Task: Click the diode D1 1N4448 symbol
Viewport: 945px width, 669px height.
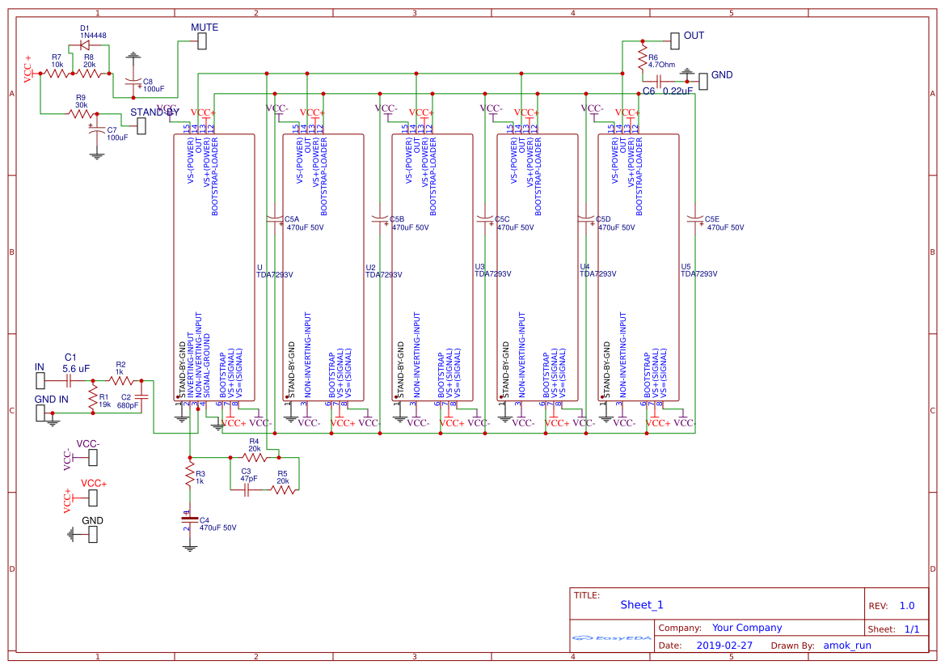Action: click(85, 45)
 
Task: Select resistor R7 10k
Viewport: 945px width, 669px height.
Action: click(57, 74)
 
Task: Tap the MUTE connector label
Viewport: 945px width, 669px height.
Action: click(205, 28)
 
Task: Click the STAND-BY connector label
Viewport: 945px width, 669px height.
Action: click(154, 112)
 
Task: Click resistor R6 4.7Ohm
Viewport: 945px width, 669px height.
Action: click(643, 60)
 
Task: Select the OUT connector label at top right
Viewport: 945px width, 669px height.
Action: click(694, 36)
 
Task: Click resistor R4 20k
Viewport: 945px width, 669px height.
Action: click(254, 457)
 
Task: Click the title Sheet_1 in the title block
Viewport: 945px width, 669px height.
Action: click(642, 604)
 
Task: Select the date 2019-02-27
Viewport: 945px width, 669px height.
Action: click(724, 646)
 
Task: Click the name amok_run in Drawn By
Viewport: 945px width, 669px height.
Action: click(847, 646)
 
